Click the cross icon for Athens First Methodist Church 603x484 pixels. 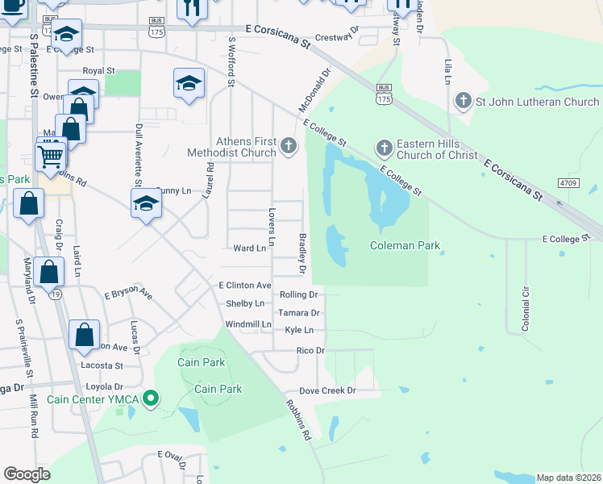tap(289, 146)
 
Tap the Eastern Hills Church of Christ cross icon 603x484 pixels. tap(384, 148)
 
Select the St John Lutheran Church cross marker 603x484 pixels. tap(463, 102)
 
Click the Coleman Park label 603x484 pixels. tap(405, 245)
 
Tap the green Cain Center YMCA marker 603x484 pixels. tap(149, 398)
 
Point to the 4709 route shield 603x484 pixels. tap(568, 183)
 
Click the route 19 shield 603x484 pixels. tap(55, 295)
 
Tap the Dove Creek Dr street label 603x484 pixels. tap(327, 390)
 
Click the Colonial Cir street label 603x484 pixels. tap(525, 299)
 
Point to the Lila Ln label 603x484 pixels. tap(447, 72)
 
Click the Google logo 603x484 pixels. tap(27, 474)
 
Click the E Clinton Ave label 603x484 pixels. tap(245, 286)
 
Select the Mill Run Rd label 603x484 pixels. tap(34, 416)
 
